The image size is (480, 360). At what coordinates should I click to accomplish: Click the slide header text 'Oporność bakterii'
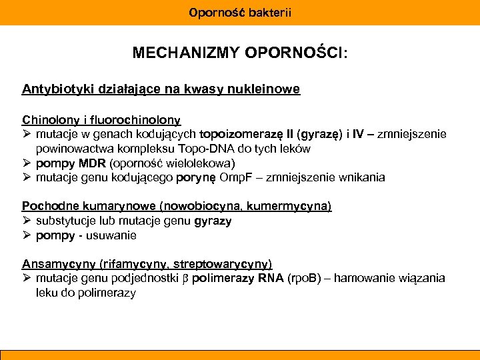coord(240,12)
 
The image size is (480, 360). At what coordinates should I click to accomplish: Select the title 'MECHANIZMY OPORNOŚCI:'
coord(239,53)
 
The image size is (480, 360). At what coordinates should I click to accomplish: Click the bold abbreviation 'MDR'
coord(93,163)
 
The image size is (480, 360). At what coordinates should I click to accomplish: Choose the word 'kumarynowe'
coord(102,206)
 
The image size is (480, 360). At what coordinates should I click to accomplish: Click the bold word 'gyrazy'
coord(213,221)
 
